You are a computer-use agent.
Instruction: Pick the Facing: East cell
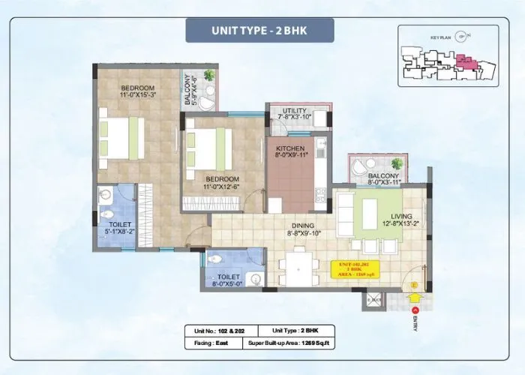211,343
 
